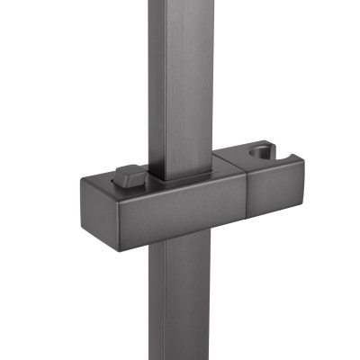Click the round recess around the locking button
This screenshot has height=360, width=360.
point(122,181)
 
